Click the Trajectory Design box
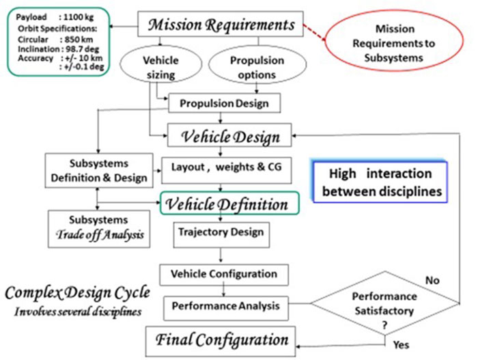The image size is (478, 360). tap(219, 232)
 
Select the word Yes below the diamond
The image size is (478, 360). tap(404, 346)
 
